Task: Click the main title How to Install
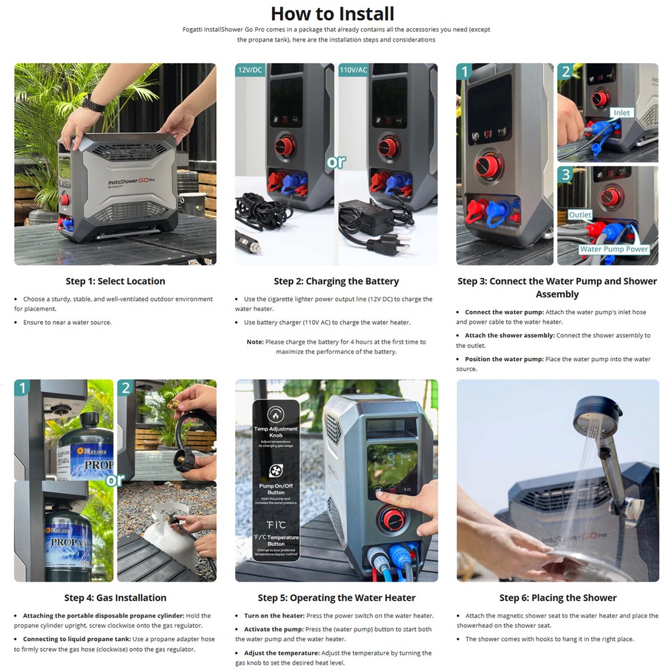point(332,13)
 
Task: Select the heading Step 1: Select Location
point(115,281)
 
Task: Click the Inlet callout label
point(622,113)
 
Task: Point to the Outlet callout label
point(580,215)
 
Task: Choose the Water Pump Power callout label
point(614,249)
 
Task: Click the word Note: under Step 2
point(255,342)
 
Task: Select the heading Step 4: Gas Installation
point(115,598)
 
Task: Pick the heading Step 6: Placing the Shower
point(557,598)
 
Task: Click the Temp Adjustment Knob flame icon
point(274,413)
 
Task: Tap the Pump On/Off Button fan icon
point(275,471)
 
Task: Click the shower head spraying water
point(593,409)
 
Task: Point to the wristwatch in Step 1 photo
point(93,105)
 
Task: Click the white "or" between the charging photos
point(336,163)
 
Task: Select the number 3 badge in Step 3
point(566,176)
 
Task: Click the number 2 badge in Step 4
point(126,388)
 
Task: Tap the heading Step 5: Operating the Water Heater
point(336,598)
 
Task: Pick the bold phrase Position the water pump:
point(504,359)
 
